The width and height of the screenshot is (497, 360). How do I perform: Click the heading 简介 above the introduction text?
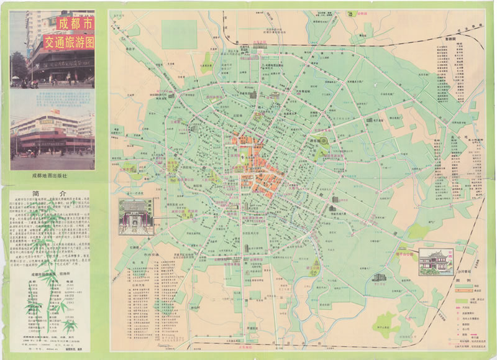pyautogui.click(x=52, y=193)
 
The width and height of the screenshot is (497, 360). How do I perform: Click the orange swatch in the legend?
pyautogui.click(x=460, y=292)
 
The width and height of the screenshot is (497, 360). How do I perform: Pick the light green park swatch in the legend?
pyautogui.click(x=460, y=298)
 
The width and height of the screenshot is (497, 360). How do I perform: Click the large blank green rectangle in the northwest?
pyautogui.click(x=179, y=34)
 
